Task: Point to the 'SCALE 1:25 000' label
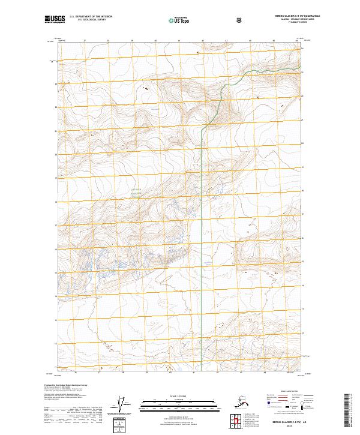pos(179,397)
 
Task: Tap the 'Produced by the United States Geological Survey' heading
pos(62,385)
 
